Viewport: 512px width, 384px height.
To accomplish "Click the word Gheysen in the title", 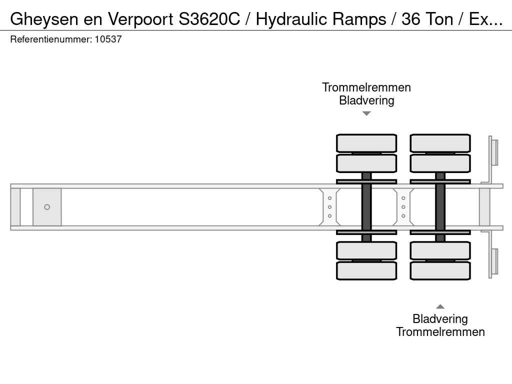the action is point(44,19).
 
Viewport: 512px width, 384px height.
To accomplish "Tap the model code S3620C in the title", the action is point(209,19).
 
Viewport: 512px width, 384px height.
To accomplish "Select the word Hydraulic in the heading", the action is point(291,19).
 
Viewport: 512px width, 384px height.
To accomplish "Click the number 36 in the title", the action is point(410,19).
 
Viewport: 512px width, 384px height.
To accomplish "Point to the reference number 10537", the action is point(108,39).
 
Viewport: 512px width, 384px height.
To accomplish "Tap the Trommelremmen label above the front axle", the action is point(366,87).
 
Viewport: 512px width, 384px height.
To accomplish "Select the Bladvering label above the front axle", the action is point(366,100).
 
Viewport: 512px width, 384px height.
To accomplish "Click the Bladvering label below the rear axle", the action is point(440,319).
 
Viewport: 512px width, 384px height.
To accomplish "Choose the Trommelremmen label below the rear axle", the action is point(440,332).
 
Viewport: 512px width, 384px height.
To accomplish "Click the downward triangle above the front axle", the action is point(366,113).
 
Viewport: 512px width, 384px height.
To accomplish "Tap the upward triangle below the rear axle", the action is point(440,306).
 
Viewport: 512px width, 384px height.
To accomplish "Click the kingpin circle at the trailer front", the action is point(47,207).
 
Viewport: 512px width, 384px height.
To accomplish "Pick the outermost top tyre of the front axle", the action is point(366,143).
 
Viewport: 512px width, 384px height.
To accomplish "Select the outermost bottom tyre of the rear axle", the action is point(440,270).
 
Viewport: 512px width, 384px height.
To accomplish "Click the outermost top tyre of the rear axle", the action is point(440,143).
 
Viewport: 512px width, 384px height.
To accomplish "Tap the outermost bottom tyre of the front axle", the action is point(366,270).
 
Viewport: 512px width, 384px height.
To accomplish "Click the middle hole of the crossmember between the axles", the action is point(403,207).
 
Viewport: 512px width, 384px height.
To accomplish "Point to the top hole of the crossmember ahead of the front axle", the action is point(329,198).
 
